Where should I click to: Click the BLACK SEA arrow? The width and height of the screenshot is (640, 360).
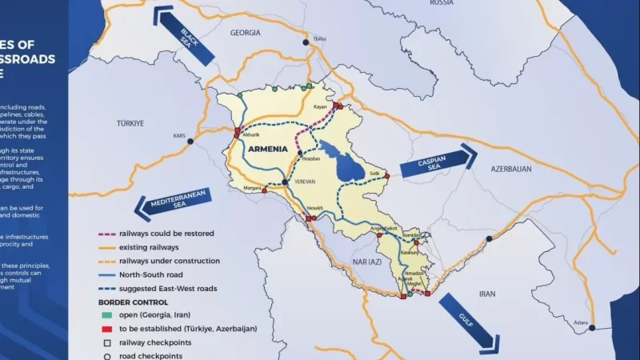186,34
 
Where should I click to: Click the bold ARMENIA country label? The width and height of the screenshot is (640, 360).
270,150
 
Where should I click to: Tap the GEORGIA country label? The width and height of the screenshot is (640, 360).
246,33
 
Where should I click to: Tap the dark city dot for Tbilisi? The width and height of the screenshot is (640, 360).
305,42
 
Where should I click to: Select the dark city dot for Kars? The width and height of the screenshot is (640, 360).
190,142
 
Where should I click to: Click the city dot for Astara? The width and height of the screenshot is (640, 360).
591,327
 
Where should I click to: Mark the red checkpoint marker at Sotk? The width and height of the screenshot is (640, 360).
386,176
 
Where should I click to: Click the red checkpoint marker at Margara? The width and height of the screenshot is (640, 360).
264,190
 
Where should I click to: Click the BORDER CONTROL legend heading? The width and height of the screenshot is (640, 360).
133,302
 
